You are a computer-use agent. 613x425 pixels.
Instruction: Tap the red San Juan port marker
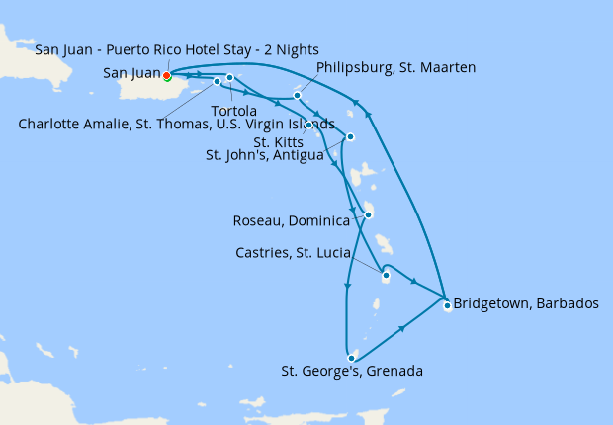(x=166, y=75)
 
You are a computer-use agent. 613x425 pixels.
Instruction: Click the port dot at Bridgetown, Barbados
(x=447, y=305)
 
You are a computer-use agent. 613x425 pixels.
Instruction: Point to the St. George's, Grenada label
(x=352, y=372)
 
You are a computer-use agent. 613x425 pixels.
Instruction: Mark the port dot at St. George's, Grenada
(x=351, y=358)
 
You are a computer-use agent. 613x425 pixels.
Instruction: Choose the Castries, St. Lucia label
(x=294, y=253)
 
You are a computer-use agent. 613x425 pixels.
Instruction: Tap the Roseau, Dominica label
(x=291, y=220)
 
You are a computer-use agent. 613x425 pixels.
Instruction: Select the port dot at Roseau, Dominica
(x=368, y=214)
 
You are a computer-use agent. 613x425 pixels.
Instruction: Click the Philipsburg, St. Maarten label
(x=396, y=68)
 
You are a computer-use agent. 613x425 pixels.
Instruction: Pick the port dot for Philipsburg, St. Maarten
(x=298, y=96)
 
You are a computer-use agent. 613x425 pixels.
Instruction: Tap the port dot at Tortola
(x=229, y=77)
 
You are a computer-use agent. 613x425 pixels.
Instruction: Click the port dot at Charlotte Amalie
(x=217, y=81)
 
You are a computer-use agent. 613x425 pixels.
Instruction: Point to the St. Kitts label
(x=280, y=141)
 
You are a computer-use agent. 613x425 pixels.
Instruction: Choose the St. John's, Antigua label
(x=264, y=155)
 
